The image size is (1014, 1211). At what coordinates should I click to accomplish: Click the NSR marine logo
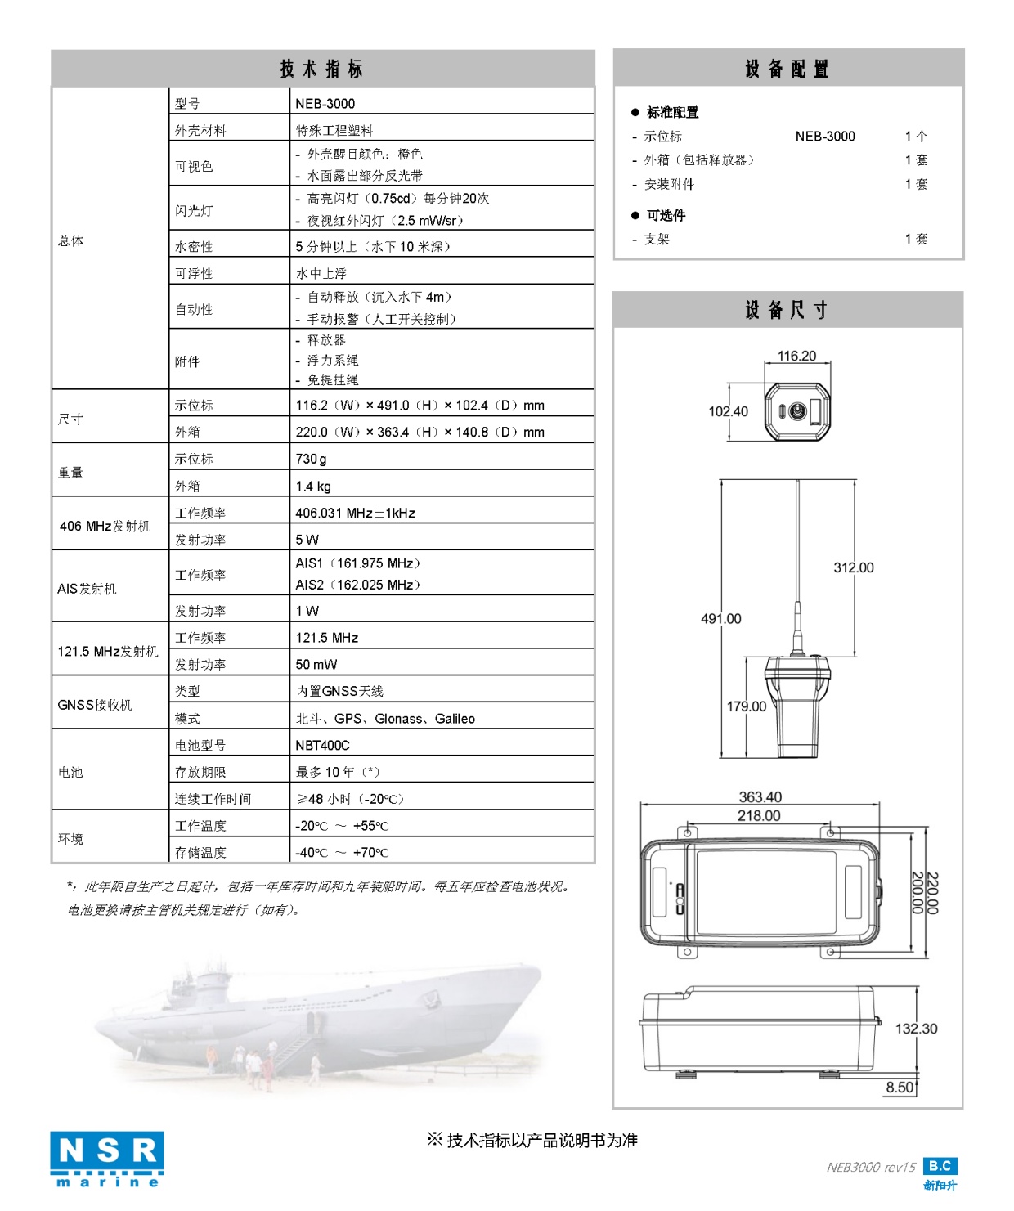107,1159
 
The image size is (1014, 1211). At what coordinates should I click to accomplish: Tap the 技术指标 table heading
321,69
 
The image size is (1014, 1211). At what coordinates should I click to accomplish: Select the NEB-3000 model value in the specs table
325,104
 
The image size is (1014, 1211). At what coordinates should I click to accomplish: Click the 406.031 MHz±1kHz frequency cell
355,514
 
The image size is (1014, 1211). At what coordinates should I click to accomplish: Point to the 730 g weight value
311,460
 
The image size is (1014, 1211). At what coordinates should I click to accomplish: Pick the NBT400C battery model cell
322,746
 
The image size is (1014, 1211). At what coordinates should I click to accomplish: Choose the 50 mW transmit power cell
316,665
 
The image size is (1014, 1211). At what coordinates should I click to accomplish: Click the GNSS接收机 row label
95,705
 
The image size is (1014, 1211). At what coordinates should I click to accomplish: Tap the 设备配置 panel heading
787,69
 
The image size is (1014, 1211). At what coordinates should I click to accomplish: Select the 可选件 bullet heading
666,216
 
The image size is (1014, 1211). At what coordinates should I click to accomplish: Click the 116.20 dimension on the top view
796,357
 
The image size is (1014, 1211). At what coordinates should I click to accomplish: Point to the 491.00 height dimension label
720,619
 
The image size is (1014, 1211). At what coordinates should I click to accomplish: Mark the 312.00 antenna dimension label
853,567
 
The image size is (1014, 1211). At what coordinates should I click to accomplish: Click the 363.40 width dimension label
760,797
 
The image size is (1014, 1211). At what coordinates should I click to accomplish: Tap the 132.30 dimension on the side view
916,1029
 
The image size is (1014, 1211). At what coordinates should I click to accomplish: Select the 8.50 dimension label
900,1088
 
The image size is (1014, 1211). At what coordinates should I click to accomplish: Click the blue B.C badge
940,1166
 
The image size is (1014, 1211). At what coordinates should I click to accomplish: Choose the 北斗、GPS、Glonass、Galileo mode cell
385,719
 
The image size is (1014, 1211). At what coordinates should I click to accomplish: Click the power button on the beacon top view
797,410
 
